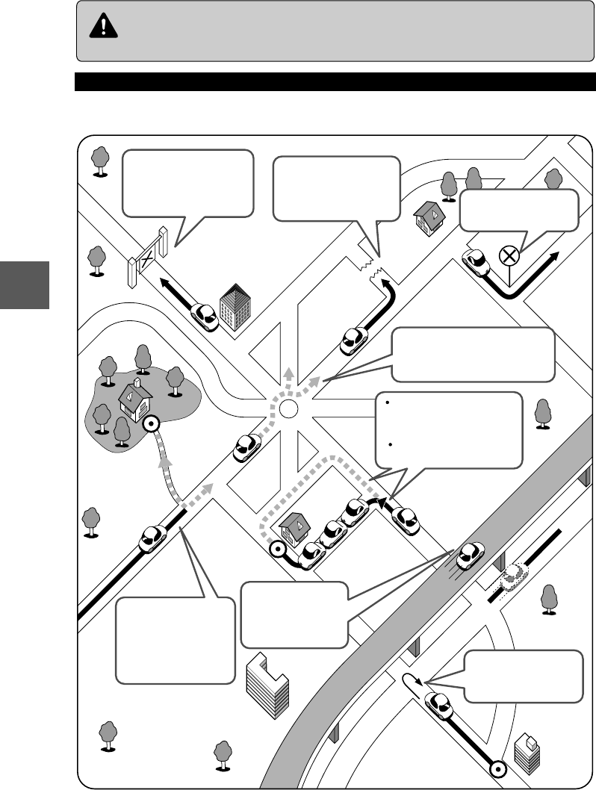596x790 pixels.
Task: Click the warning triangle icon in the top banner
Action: point(98,28)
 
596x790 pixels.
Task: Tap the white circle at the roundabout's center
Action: point(288,408)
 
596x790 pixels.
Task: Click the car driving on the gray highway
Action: point(468,555)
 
